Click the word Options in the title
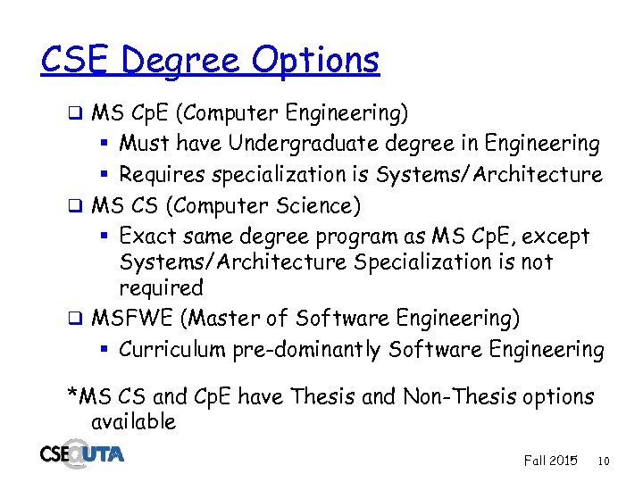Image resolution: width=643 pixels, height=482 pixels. [315, 61]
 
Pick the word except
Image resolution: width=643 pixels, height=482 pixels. [553, 237]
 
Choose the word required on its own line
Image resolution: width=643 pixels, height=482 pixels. [162, 288]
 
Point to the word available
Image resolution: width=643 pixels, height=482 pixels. [133, 420]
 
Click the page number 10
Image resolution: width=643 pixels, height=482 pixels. [604, 461]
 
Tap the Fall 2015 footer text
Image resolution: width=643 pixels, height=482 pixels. [550, 461]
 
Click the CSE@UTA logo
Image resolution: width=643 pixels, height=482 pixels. [82, 453]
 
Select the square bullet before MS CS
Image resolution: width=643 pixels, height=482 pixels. [77, 207]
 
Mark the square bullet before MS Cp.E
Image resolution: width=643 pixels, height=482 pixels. [77, 113]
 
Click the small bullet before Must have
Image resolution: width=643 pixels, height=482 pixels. [104, 144]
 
